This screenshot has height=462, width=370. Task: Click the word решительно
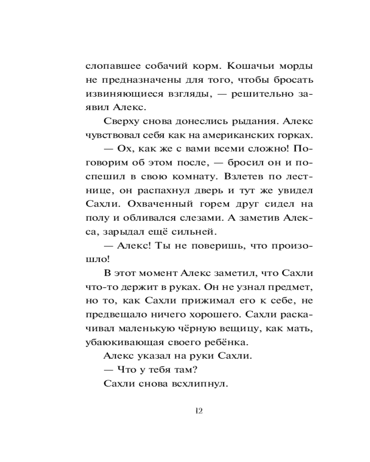tap(251, 93)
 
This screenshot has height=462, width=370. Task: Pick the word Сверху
tap(118, 122)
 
